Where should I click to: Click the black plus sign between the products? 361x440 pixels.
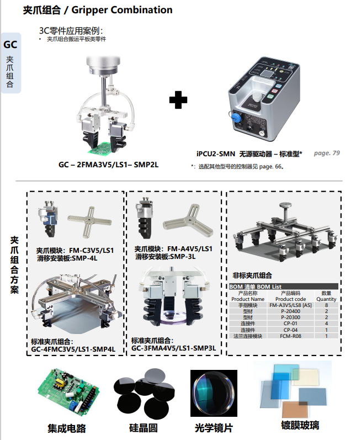pyautogui.click(x=178, y=99)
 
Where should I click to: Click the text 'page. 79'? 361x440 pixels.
pyautogui.click(x=327, y=153)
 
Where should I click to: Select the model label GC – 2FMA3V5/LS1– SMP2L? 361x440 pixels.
pyautogui.click(x=108, y=165)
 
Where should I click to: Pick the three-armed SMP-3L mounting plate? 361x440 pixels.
pyautogui.click(x=188, y=220)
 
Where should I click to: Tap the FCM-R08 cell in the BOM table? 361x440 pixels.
pyautogui.click(x=290, y=336)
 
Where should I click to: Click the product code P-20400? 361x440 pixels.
pyautogui.click(x=290, y=311)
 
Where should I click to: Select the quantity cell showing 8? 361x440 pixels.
pyautogui.click(x=326, y=305)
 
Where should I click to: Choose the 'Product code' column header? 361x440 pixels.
pyautogui.click(x=290, y=299)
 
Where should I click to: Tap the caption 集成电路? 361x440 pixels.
pyautogui.click(x=67, y=428)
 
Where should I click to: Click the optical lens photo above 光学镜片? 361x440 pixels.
pyautogui.click(x=214, y=393)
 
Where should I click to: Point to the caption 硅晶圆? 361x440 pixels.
pyautogui.click(x=144, y=428)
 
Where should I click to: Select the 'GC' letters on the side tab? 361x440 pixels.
pyautogui.click(x=10, y=45)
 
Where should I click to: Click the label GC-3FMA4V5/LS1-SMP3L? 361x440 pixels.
pyautogui.click(x=174, y=348)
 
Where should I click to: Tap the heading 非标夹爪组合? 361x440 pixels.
pyautogui.click(x=252, y=275)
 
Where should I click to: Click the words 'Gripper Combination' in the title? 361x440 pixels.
pyautogui.click(x=122, y=10)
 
